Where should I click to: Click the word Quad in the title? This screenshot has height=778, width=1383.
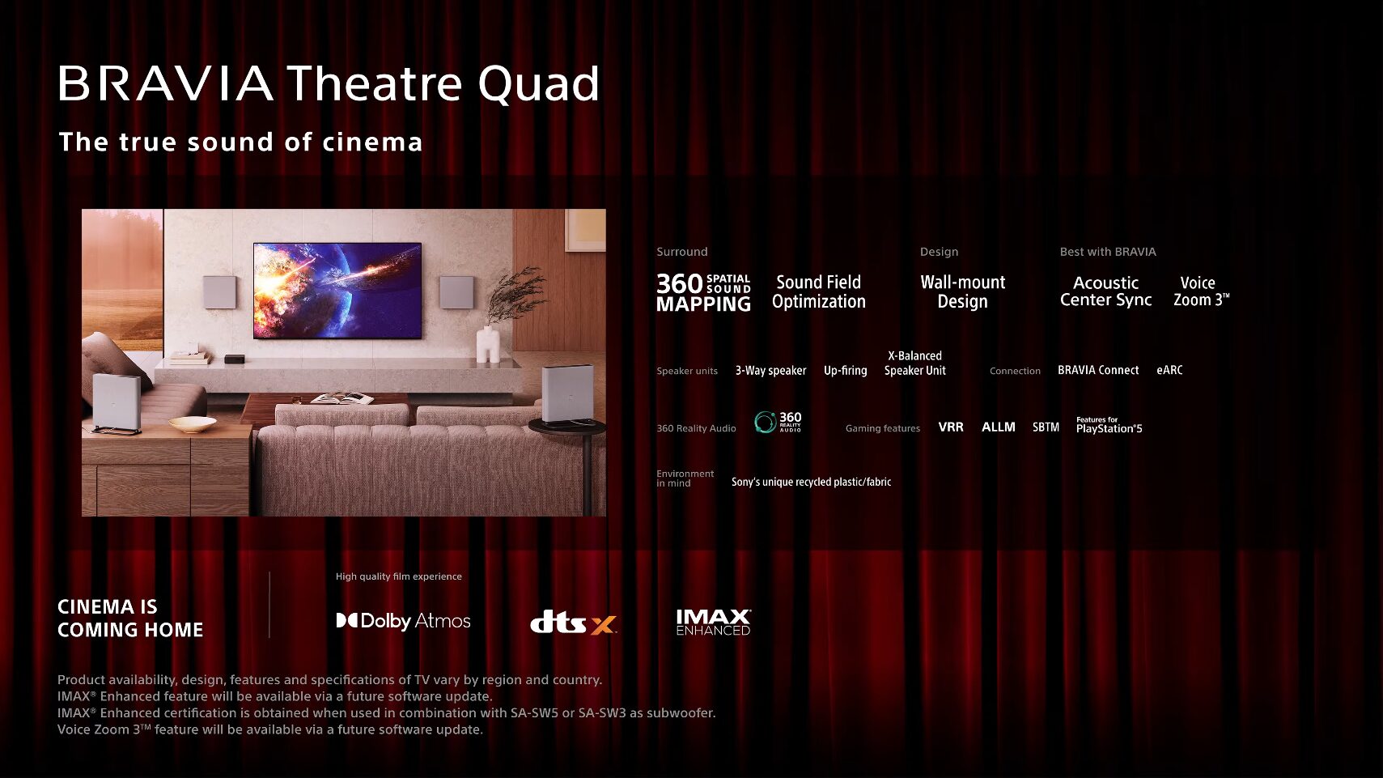pyautogui.click(x=538, y=84)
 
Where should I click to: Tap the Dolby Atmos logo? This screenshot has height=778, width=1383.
pyautogui.click(x=403, y=621)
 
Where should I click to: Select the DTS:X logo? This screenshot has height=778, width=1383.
pyautogui.click(x=573, y=623)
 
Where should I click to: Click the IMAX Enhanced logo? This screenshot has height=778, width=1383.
pyautogui.click(x=713, y=622)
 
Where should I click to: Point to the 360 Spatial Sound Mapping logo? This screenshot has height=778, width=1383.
pyautogui.click(x=703, y=292)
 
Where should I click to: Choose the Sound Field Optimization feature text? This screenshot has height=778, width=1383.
pyautogui.click(x=818, y=291)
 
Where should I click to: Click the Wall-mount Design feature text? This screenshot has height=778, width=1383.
pyautogui.click(x=962, y=291)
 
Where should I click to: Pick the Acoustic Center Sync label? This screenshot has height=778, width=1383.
pyautogui.click(x=1105, y=291)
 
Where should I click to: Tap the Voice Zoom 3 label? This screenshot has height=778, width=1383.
pyautogui.click(x=1200, y=291)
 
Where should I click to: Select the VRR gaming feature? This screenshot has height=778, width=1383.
pyautogui.click(x=951, y=427)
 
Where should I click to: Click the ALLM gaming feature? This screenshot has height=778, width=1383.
pyautogui.click(x=998, y=427)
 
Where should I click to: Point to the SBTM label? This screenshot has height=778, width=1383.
pyautogui.click(x=1046, y=427)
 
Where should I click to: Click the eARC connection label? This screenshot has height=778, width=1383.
pyautogui.click(x=1169, y=370)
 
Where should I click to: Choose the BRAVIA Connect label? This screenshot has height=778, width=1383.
pyautogui.click(x=1097, y=370)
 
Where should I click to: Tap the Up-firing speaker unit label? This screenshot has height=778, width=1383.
pyautogui.click(x=845, y=371)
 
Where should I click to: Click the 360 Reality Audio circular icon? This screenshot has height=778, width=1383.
pyautogui.click(x=765, y=422)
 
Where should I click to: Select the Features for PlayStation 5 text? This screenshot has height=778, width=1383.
pyautogui.click(x=1109, y=426)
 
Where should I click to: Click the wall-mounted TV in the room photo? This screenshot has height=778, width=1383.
pyautogui.click(x=337, y=290)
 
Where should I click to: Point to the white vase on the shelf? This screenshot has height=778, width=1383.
pyautogui.click(x=487, y=344)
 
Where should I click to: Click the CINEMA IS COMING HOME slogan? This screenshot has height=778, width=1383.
pyautogui.click(x=130, y=619)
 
